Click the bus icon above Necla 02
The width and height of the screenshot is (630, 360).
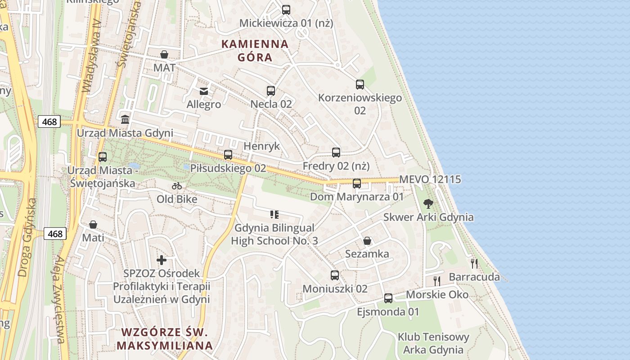(x=270, y=90)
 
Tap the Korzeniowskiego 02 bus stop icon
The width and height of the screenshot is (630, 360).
(x=360, y=84)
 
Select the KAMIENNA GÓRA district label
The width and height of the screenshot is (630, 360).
(x=255, y=50)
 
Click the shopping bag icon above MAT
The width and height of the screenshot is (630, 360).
(x=164, y=54)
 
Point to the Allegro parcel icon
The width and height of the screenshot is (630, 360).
(x=204, y=91)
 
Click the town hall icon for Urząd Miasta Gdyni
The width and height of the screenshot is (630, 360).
(x=125, y=119)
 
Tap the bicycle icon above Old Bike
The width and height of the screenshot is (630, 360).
(x=177, y=185)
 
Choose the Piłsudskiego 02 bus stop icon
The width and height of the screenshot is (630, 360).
(x=228, y=155)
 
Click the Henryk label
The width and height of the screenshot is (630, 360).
(x=261, y=146)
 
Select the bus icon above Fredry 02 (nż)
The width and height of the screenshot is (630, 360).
(x=336, y=152)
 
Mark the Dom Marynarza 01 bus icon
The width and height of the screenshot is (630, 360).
(x=357, y=183)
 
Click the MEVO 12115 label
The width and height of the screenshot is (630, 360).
(x=430, y=180)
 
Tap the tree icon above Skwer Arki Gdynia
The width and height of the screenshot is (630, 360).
(x=428, y=204)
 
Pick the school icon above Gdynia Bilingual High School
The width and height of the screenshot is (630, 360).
(x=274, y=215)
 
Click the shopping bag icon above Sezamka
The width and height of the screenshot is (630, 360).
(x=367, y=241)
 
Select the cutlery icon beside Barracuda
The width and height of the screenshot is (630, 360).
(x=474, y=264)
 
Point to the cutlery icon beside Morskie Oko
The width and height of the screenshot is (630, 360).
(x=436, y=281)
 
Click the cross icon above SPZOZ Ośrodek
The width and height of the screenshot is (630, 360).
(x=162, y=260)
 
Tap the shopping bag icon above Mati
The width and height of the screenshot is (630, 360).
(x=93, y=224)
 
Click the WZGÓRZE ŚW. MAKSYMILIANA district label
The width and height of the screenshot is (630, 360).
(x=164, y=339)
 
